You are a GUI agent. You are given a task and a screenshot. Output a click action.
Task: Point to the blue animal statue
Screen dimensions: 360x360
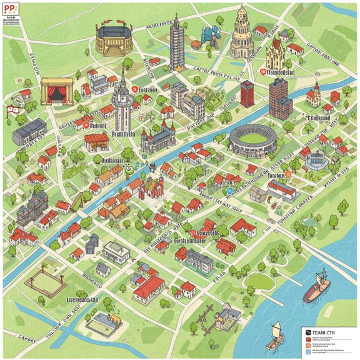coord(209,37)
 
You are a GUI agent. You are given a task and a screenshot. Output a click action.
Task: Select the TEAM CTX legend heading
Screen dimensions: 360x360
coord(320,332)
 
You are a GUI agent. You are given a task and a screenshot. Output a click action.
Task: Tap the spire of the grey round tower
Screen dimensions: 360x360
coord(123,80)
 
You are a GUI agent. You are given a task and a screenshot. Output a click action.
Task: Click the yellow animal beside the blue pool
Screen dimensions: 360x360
coord(115,318)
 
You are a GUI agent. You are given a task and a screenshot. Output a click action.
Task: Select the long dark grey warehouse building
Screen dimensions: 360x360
coord(29,131)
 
